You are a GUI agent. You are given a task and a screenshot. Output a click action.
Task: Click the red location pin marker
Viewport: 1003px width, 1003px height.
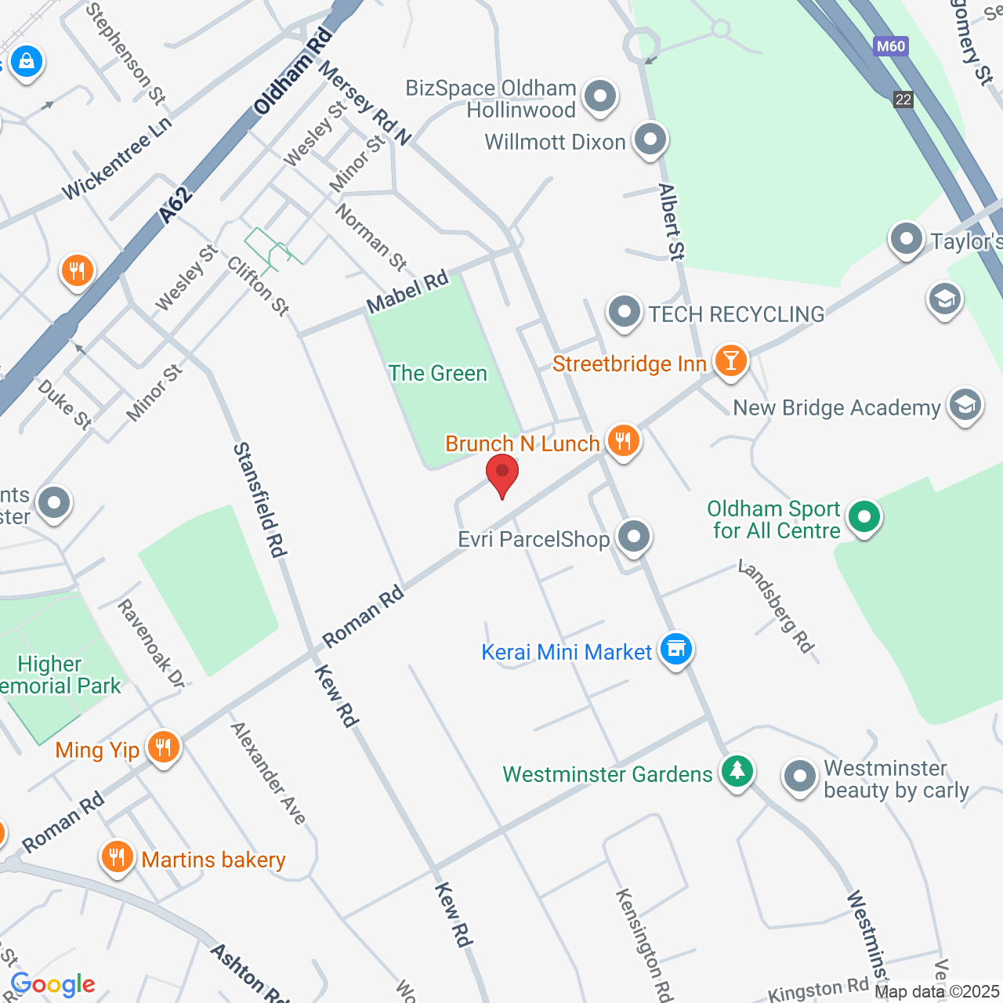(x=502, y=473)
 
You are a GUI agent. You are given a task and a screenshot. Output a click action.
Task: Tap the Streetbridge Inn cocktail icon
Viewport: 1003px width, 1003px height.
(x=730, y=360)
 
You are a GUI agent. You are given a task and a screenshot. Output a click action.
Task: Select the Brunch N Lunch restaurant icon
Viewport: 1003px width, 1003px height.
(x=623, y=440)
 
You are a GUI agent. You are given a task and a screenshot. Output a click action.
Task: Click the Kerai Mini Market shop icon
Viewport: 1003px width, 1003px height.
(x=675, y=649)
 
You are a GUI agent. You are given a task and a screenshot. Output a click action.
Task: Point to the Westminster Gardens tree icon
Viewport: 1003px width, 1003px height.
(x=736, y=771)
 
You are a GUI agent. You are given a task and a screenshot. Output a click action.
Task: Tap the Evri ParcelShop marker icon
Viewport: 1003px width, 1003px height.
(x=633, y=537)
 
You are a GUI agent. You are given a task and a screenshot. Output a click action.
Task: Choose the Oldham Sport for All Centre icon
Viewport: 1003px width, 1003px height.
(x=864, y=517)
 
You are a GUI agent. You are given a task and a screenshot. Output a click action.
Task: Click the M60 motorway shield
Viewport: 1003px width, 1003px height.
(x=891, y=46)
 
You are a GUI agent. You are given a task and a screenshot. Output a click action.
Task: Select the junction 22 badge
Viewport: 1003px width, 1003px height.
(x=903, y=100)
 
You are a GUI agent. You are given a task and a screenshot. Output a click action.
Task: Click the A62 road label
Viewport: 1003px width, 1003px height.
(x=176, y=205)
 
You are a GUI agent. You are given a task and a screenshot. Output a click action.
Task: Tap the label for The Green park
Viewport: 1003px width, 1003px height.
(x=438, y=373)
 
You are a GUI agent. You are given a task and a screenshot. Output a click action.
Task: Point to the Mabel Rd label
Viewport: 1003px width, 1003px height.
(x=407, y=291)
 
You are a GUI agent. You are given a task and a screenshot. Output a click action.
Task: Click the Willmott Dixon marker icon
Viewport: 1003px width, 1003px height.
(x=649, y=139)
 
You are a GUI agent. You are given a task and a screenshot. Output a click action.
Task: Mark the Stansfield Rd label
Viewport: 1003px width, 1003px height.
(x=259, y=500)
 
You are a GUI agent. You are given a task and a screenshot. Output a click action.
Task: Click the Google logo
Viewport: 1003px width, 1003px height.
(x=53, y=984)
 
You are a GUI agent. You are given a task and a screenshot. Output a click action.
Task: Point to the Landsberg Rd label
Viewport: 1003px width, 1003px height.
(x=776, y=606)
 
